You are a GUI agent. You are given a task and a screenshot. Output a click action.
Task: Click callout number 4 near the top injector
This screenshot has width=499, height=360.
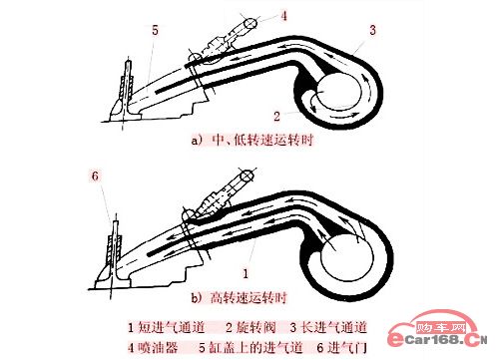[x=283, y=16]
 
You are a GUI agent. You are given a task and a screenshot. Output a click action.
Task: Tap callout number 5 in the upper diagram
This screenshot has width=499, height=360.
[x=155, y=30]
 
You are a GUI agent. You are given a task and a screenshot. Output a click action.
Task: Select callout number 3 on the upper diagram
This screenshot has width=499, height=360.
[x=372, y=30]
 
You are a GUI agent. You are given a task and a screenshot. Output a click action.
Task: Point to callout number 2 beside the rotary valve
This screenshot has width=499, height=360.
[x=276, y=117]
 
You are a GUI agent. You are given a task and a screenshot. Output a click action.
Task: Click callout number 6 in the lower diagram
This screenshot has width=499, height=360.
[x=95, y=176]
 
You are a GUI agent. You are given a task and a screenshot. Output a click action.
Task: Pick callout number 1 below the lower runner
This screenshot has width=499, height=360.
[x=246, y=273]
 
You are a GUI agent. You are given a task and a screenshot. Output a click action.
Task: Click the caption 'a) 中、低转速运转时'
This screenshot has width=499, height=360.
[x=252, y=141]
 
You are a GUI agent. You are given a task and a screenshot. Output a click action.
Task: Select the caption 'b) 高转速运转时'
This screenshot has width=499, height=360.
[x=239, y=297]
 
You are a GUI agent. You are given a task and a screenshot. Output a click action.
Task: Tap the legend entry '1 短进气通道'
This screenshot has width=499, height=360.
[x=167, y=328]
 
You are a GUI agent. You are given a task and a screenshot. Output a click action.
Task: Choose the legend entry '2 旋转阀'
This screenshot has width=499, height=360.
[x=251, y=328]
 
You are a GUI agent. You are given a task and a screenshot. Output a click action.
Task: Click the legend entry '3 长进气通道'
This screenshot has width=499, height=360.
[x=328, y=328]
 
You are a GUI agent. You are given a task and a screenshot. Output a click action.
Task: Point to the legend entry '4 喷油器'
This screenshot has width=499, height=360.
[x=153, y=348]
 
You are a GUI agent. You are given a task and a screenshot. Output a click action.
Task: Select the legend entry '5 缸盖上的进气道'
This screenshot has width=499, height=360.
[x=250, y=348]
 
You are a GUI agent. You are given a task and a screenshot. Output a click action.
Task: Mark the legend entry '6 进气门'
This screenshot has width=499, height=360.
[x=341, y=348]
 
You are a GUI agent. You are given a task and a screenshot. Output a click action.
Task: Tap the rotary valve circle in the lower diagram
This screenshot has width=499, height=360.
[x=347, y=257]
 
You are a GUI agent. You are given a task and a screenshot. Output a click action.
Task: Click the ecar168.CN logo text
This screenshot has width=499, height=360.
[x=438, y=340]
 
